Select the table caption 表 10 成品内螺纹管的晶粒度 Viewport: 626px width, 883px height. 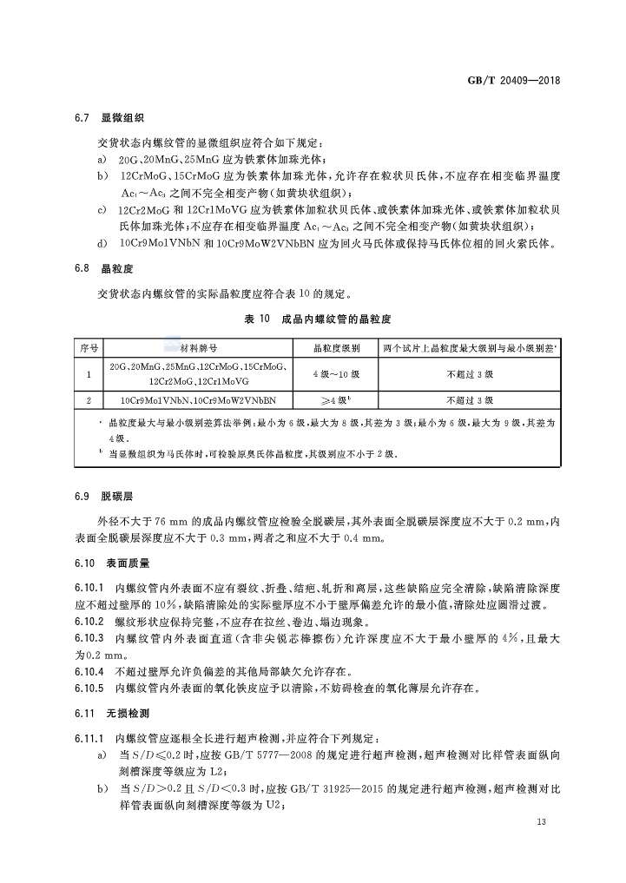point(313,320)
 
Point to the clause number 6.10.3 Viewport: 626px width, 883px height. point(89,637)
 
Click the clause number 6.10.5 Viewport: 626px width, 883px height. point(89,689)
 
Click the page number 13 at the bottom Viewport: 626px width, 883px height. point(542,822)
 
